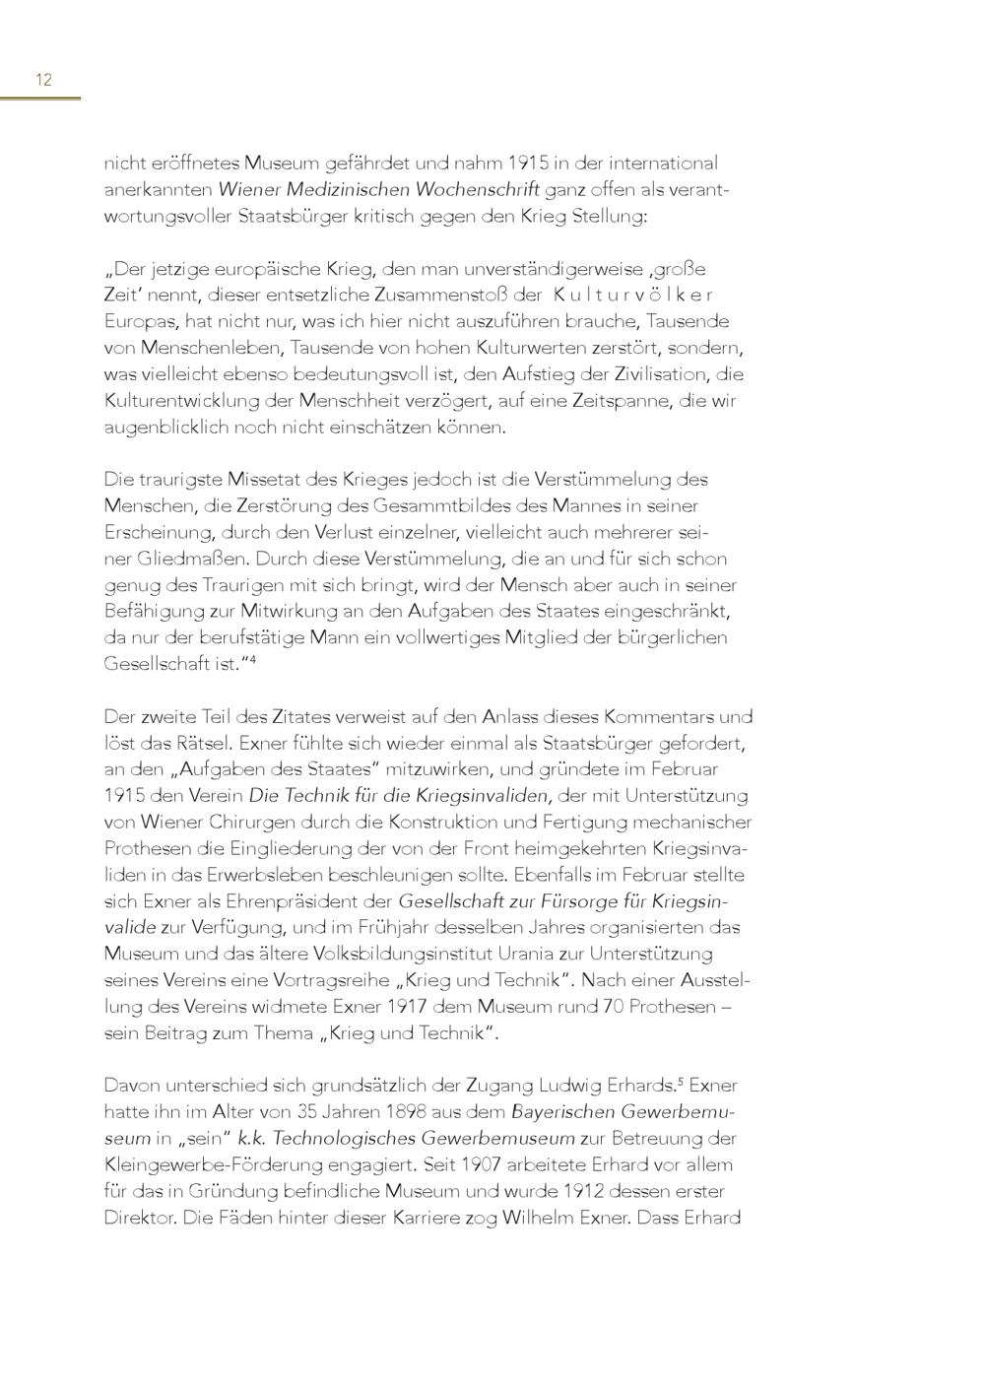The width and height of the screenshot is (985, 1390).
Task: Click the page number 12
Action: tap(43, 80)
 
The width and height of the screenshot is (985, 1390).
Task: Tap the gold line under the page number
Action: tap(40, 99)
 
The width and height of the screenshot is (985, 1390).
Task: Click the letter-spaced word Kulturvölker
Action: tap(632, 295)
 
